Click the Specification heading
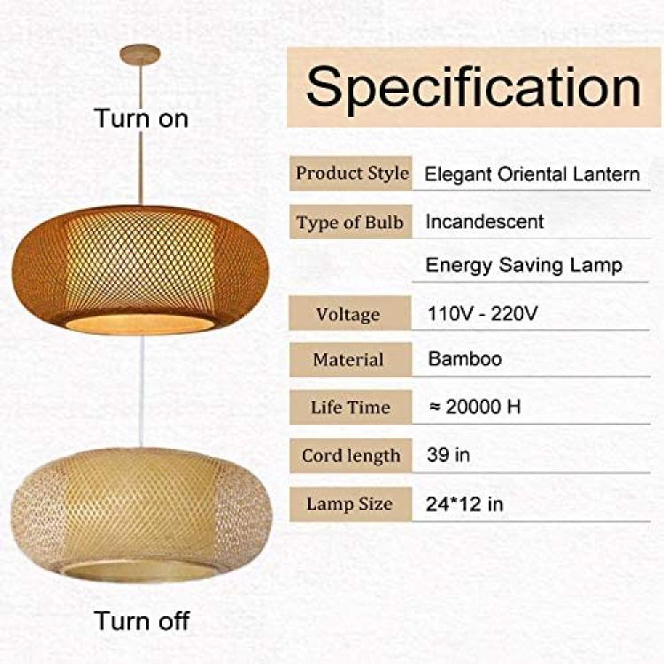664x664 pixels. pyautogui.click(x=474, y=88)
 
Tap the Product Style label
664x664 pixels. pyautogui.click(x=352, y=174)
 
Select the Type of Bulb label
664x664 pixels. pyautogui.click(x=350, y=222)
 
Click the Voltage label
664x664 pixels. pyautogui.click(x=348, y=314)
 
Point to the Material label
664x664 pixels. pyautogui.click(x=348, y=360)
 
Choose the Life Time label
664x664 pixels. pyautogui.click(x=351, y=407)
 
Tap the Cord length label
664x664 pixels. pyautogui.click(x=351, y=456)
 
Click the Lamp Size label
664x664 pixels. pyautogui.click(x=350, y=504)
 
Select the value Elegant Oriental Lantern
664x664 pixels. pyautogui.click(x=532, y=174)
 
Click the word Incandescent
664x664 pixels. pyautogui.click(x=484, y=221)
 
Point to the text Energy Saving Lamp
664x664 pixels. pyautogui.click(x=524, y=266)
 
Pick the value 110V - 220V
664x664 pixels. pyautogui.click(x=483, y=313)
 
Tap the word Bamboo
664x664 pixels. pyautogui.click(x=465, y=359)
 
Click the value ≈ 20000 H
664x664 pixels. pyautogui.click(x=475, y=406)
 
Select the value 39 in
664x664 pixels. pyautogui.click(x=449, y=455)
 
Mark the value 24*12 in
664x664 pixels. pyautogui.click(x=464, y=504)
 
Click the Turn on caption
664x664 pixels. pyautogui.click(x=142, y=118)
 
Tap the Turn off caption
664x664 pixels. pyautogui.click(x=142, y=621)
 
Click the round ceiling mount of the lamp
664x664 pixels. pyautogui.click(x=140, y=55)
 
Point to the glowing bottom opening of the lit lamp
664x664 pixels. pyautogui.click(x=140, y=324)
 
